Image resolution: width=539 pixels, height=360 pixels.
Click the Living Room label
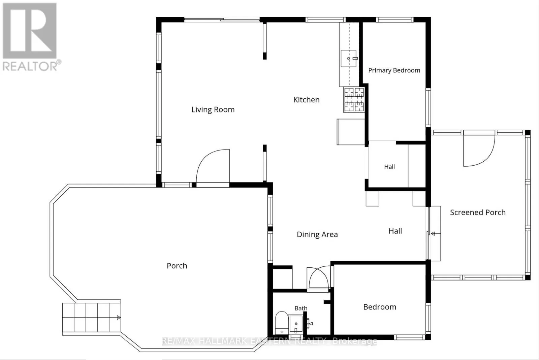[x=213, y=110]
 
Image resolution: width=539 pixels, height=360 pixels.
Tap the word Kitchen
[x=306, y=100]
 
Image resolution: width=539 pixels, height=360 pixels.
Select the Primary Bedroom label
[x=394, y=70]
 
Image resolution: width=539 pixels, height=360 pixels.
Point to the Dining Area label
[x=317, y=234]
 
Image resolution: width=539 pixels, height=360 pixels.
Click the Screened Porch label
[x=478, y=212]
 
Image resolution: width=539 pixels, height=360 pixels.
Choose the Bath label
[x=301, y=308]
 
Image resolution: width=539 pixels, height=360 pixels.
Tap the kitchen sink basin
[x=348, y=59]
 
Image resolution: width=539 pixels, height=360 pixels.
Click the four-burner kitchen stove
[x=354, y=100]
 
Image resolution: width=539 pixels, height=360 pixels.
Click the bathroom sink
[x=296, y=324]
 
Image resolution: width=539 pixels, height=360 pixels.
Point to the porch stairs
[x=91, y=318]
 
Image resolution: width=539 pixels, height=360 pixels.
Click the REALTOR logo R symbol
[x=30, y=31]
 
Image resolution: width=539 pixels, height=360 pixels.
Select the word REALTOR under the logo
[x=30, y=66]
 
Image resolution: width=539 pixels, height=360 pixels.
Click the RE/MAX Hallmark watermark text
[x=269, y=341]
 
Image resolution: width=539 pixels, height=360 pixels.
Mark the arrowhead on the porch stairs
[x=119, y=318]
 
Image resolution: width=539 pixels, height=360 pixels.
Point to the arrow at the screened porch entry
[x=436, y=233]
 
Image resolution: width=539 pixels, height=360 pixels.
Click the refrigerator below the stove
[x=351, y=132]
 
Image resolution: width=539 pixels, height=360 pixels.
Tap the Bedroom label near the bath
[x=380, y=307]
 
